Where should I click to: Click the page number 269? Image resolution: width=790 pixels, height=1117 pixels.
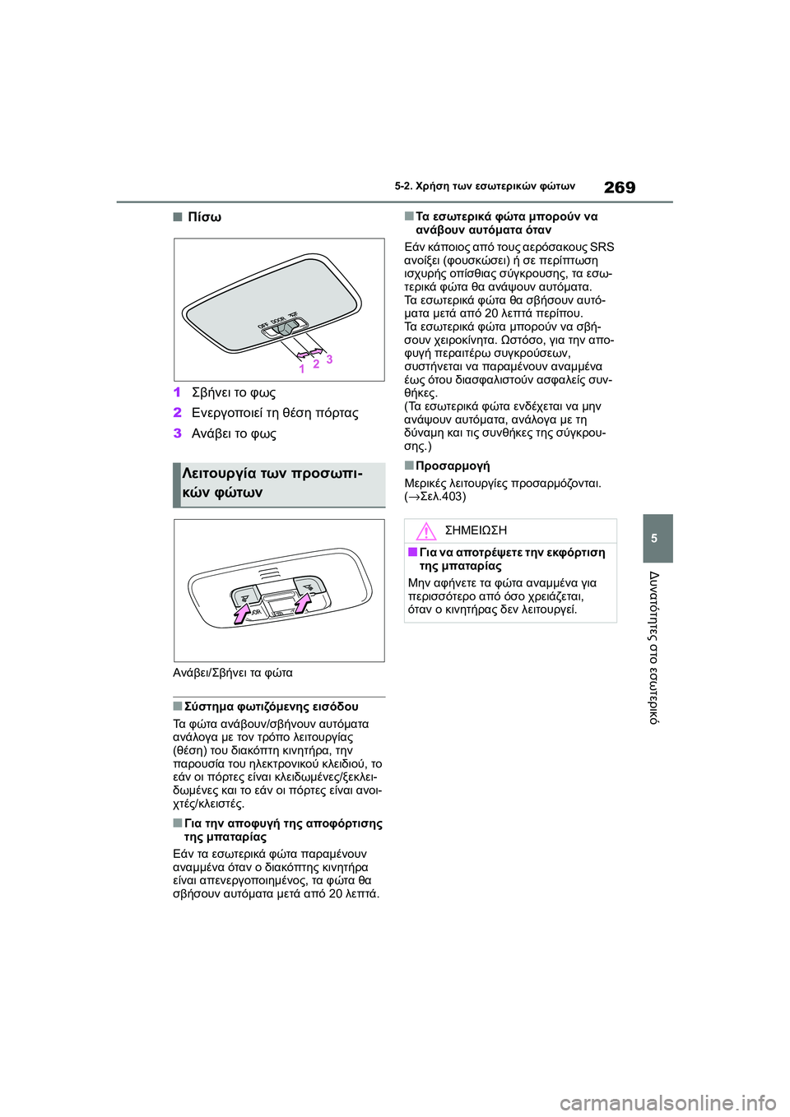(x=619, y=188)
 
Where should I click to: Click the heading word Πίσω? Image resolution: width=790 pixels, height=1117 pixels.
(x=204, y=217)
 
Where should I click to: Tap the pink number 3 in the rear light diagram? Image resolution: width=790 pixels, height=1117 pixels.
(x=329, y=359)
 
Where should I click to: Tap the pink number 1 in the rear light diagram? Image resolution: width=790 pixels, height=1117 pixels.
(x=302, y=369)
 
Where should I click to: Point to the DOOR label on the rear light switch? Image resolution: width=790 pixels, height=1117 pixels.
(x=277, y=321)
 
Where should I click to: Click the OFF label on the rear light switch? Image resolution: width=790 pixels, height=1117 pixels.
(x=263, y=326)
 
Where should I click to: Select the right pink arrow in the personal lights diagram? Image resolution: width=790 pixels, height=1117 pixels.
(x=303, y=602)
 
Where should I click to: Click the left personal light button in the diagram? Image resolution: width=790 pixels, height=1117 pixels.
(x=245, y=596)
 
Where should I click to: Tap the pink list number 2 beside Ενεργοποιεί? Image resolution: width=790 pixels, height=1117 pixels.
(x=177, y=413)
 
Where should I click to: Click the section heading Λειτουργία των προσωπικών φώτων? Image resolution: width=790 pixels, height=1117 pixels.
(x=272, y=483)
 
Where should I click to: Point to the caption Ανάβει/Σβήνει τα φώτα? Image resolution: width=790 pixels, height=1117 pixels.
(x=233, y=673)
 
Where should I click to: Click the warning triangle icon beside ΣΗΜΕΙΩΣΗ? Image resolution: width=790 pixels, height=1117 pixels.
(x=425, y=531)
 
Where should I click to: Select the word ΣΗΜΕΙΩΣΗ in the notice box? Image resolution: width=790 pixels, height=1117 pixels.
(x=476, y=531)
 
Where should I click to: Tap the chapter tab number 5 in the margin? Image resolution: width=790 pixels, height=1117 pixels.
(x=654, y=539)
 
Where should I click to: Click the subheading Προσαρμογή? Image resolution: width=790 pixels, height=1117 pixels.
(x=453, y=466)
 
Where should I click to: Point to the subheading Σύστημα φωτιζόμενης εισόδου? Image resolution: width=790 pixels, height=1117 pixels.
(x=271, y=707)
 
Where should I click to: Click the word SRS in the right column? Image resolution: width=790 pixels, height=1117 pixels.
(x=602, y=247)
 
